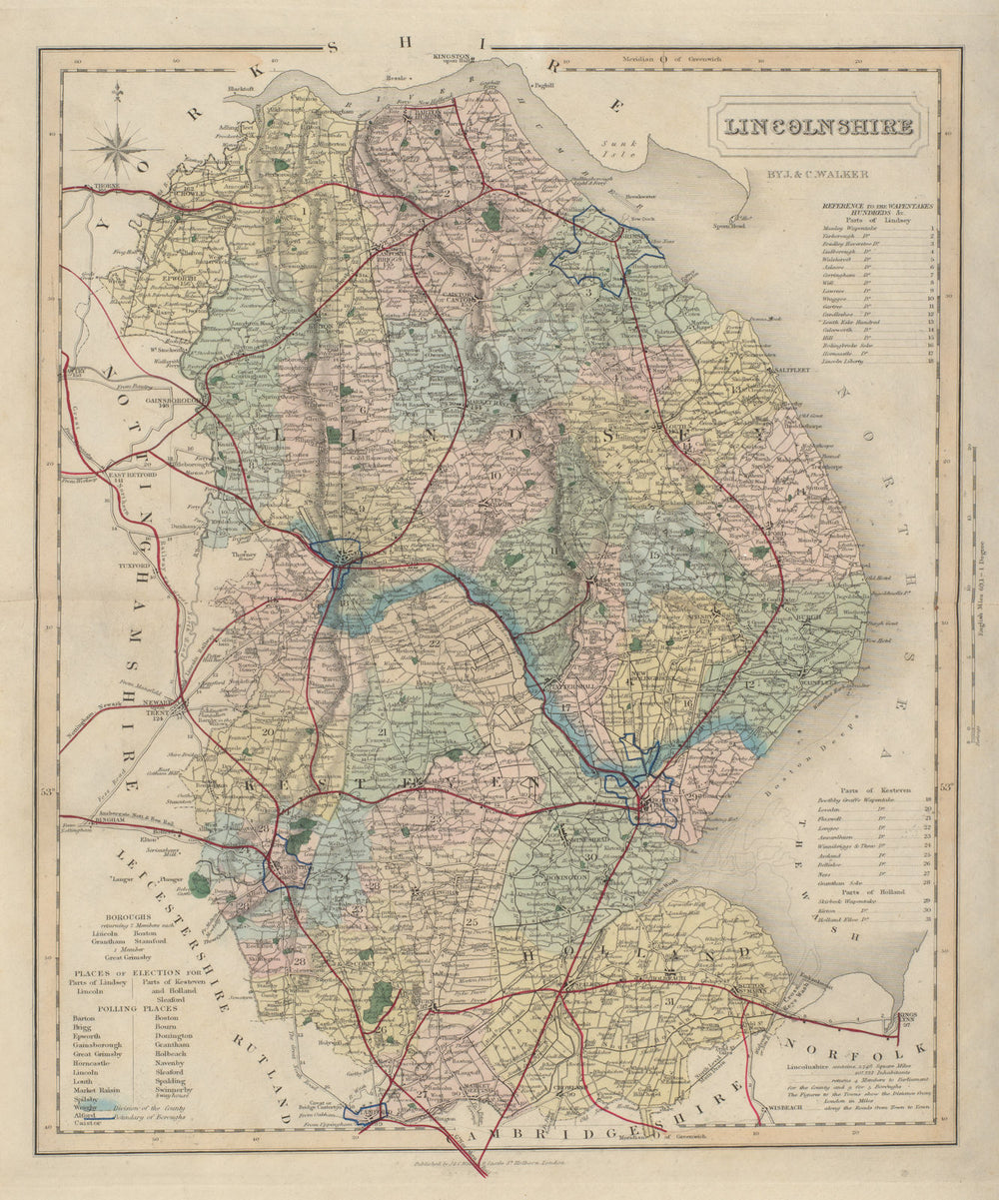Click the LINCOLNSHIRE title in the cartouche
click(x=817, y=127)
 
